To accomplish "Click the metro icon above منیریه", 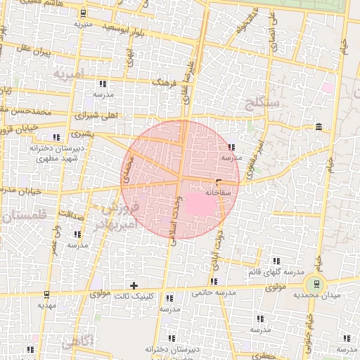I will [x=84, y=13].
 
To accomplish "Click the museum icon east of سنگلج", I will [x=319, y=127].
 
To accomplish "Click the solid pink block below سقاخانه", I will [x=198, y=205].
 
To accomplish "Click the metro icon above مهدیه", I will [x=46, y=294].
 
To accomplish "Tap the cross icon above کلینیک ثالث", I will [x=134, y=284].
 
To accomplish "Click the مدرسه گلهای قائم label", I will [x=276, y=271].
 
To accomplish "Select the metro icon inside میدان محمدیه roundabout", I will [x=316, y=284].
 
